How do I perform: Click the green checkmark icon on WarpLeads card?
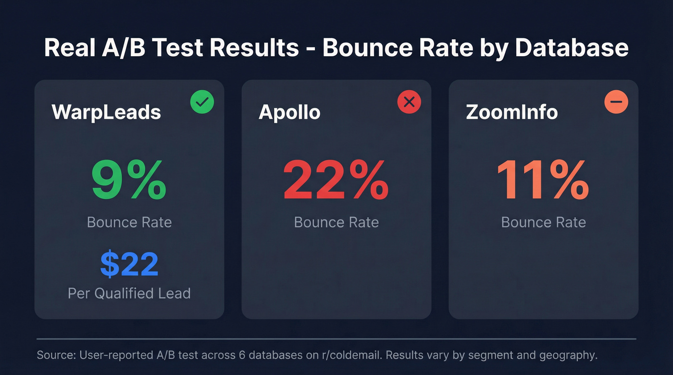point(202,102)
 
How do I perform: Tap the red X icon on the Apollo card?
point(409,102)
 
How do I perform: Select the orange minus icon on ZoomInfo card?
point(616,102)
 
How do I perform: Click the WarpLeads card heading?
point(106,112)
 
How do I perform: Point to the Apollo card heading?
point(289,112)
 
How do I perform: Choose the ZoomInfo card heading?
point(512,112)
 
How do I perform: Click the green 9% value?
point(129,180)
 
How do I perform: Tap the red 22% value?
point(336,180)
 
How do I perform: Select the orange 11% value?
point(543,180)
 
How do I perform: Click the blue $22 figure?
point(129,265)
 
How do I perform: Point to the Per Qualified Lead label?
point(129,293)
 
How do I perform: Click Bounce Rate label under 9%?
point(129,222)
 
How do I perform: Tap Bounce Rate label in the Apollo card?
point(336,222)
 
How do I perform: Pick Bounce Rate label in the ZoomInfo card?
point(543,222)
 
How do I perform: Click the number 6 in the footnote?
point(243,356)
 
